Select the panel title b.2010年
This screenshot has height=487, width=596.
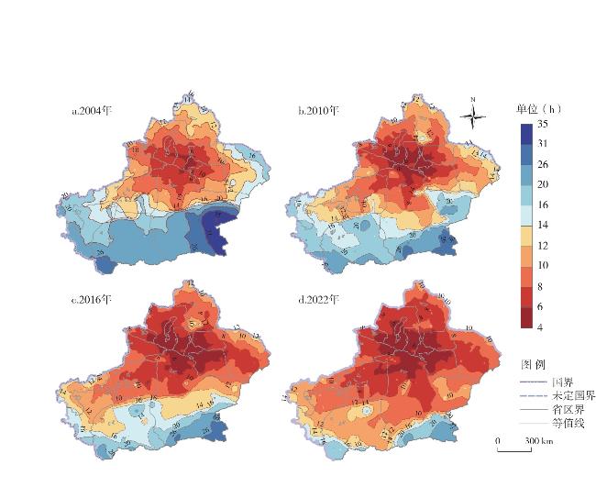click(x=318, y=112)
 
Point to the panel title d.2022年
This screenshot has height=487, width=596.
click(x=318, y=300)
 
